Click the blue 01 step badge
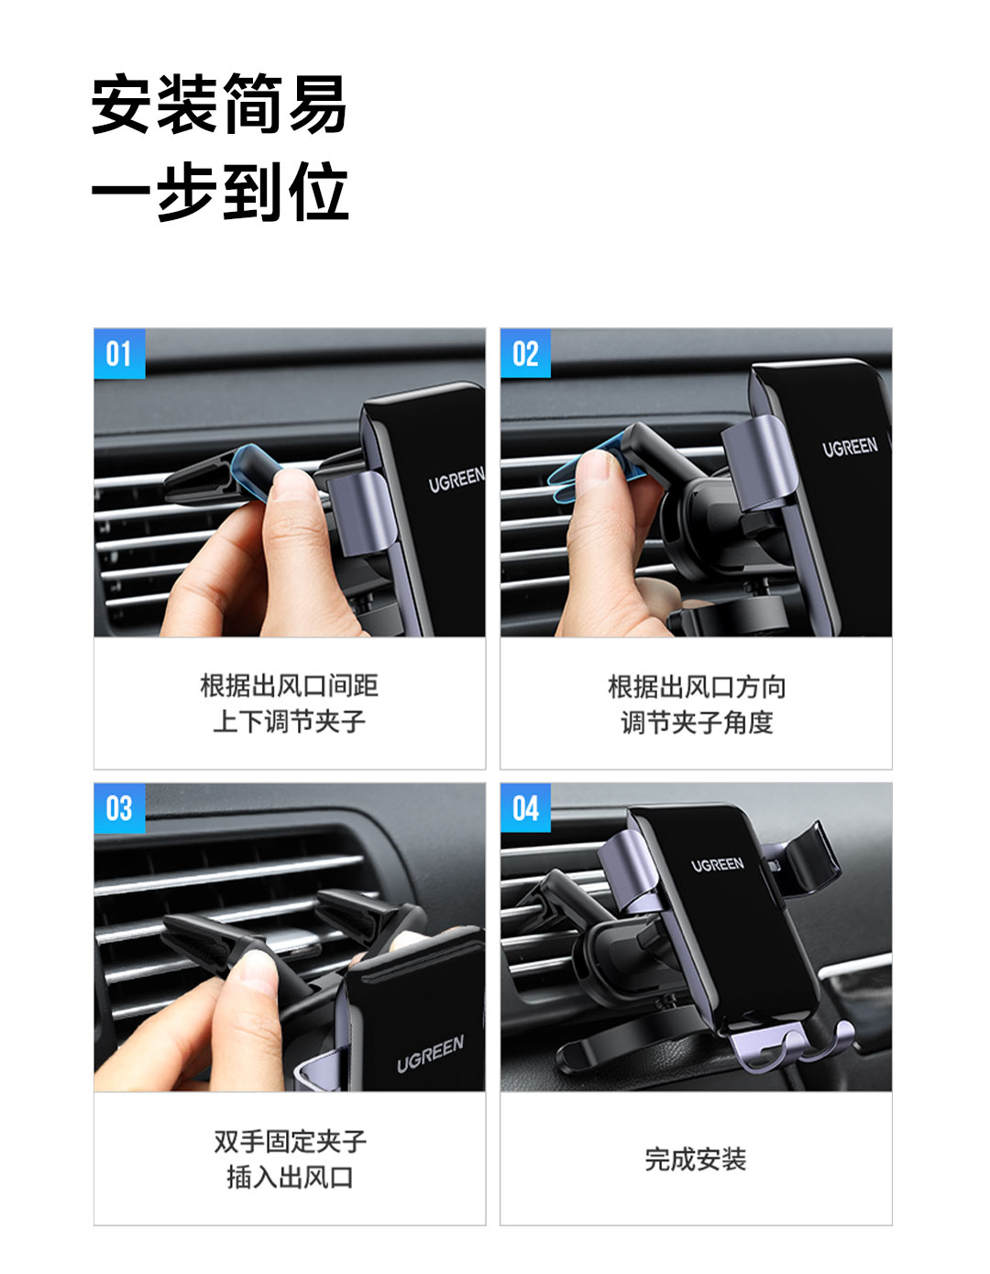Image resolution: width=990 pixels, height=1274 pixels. pyautogui.click(x=119, y=353)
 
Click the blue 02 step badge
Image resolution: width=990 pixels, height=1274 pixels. pyautogui.click(x=525, y=353)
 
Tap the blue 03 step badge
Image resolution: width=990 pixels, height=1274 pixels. pyautogui.click(x=119, y=808)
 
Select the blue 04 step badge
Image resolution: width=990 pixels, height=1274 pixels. pyautogui.click(x=525, y=808)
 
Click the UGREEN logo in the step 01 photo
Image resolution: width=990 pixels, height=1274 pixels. pyautogui.click(x=456, y=480)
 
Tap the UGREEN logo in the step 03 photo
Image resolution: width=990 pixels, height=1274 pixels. pyautogui.click(x=431, y=1054)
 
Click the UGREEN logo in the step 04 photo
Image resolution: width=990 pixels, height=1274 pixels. pyautogui.click(x=718, y=865)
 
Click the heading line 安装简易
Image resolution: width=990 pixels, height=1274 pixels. pyautogui.click(x=219, y=105)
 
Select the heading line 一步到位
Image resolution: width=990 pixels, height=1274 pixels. pyautogui.click(x=220, y=192)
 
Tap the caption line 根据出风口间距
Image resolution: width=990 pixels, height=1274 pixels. pyautogui.click(x=290, y=685)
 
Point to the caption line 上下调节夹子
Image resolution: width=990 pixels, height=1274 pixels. pyautogui.click(x=290, y=721)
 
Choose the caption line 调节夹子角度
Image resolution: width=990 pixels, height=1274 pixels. pyautogui.click(x=697, y=723)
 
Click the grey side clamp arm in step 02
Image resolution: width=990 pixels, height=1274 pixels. pyautogui.click(x=760, y=462)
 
